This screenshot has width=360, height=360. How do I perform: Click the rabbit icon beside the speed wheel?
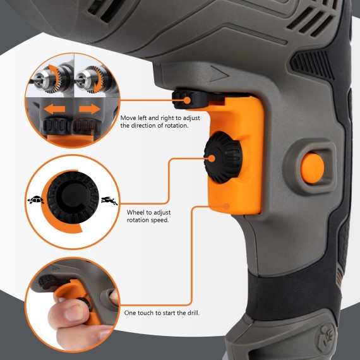(x=108, y=201)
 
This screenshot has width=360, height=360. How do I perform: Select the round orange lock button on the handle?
(x=312, y=167)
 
